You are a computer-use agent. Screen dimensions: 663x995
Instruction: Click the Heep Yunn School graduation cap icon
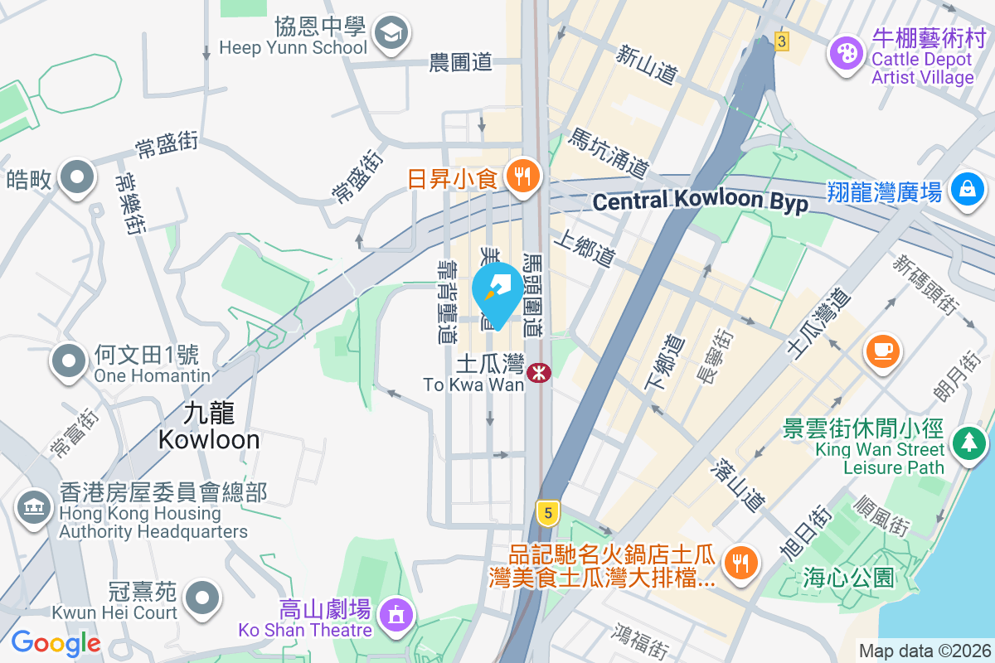[x=387, y=35]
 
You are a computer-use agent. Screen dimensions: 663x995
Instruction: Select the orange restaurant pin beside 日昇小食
[x=523, y=177]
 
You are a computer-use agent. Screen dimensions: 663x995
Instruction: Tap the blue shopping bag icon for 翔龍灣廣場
[x=967, y=188]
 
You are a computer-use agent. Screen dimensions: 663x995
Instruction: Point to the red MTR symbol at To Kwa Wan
[x=539, y=375]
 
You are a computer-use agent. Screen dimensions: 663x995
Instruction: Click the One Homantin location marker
[x=70, y=361]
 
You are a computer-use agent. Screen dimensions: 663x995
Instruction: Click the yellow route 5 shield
[x=546, y=512]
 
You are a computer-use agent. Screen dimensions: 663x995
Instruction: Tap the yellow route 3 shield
[x=781, y=41]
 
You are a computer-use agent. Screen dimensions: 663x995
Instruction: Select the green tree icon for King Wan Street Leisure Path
[x=968, y=442]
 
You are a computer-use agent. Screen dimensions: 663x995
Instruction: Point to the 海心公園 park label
[x=849, y=578]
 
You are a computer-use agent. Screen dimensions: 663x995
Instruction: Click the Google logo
[x=56, y=643]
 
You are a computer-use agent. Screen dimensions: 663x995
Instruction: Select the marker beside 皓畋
[x=80, y=177]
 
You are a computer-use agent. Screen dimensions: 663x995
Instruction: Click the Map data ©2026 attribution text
[x=925, y=651]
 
